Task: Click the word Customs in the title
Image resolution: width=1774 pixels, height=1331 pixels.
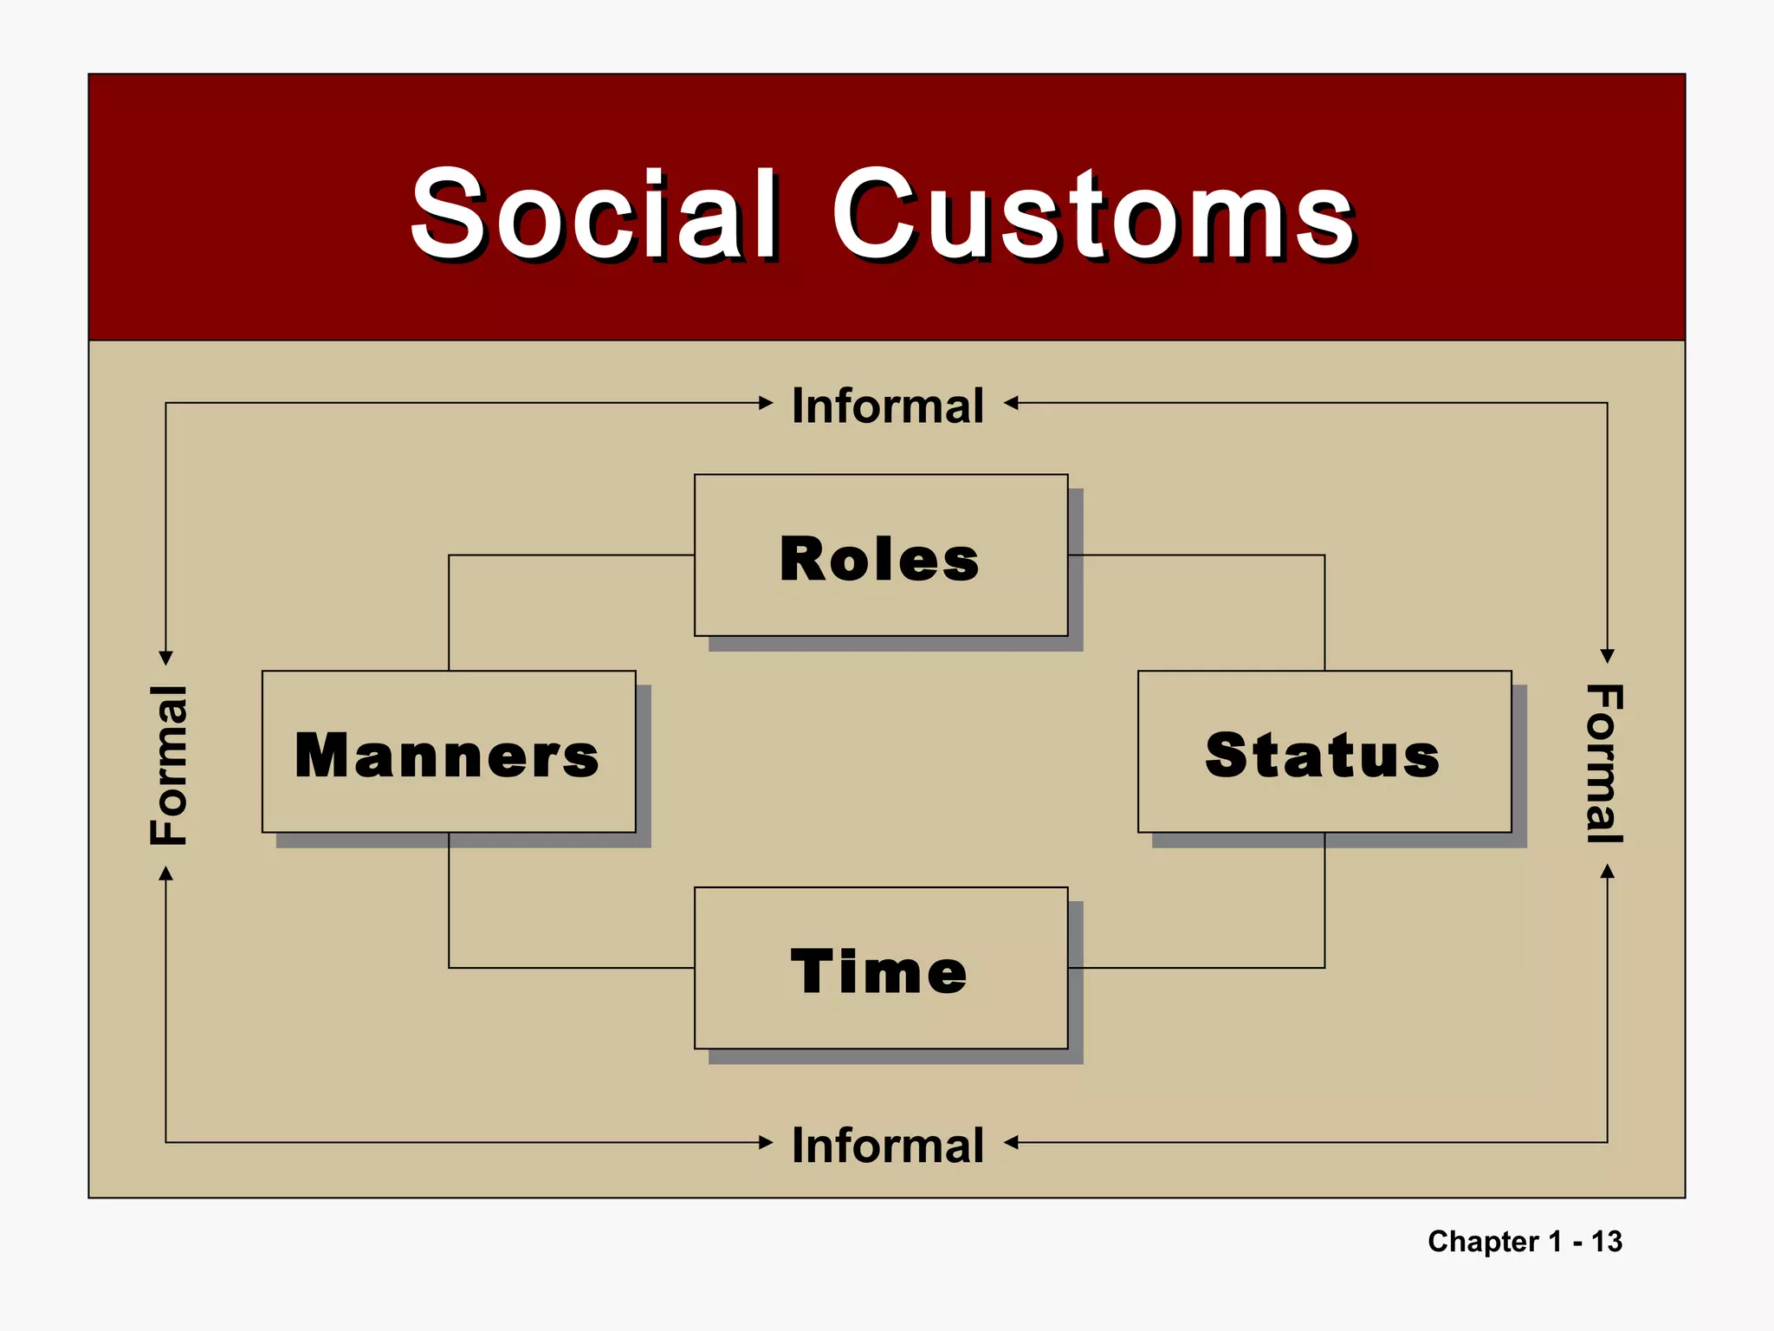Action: click(1093, 214)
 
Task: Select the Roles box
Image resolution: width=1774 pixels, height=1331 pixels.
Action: click(880, 555)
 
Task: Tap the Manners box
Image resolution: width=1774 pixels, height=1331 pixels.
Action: click(448, 752)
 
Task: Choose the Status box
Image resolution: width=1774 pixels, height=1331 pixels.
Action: click(1324, 752)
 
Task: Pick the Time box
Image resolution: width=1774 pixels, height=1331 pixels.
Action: click(880, 968)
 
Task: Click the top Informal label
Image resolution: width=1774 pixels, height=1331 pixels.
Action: click(888, 406)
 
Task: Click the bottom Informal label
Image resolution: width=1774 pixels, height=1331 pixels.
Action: click(888, 1145)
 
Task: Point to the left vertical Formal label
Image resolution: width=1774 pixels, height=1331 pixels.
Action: click(168, 764)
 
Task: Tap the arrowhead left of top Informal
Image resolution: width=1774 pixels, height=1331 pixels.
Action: click(766, 403)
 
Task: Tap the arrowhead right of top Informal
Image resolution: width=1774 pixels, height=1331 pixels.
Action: click(1011, 403)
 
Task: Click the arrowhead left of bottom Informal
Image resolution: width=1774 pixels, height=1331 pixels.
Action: click(766, 1142)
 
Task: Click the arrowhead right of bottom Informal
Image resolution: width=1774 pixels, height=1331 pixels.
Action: click(1011, 1142)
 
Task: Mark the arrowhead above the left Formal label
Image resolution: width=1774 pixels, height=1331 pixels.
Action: click(166, 659)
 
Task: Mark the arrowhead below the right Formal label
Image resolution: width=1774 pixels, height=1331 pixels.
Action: click(1607, 871)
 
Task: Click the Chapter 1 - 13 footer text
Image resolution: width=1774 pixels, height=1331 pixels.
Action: click(1525, 1241)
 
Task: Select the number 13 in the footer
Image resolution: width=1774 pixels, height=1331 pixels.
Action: click(1606, 1241)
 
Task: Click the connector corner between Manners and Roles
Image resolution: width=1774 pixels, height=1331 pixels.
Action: click(449, 555)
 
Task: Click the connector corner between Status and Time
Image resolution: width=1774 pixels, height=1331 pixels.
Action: click(1324, 967)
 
